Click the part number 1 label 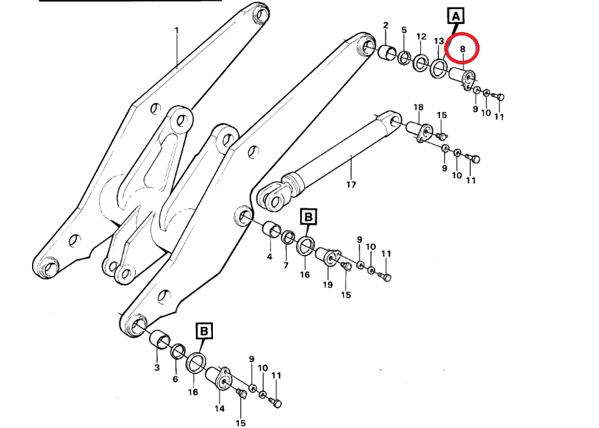[x=177, y=30]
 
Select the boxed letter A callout [x=456, y=17]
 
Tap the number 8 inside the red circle [x=463, y=49]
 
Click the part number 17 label [x=351, y=184]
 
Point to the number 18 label [x=418, y=107]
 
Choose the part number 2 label [x=385, y=25]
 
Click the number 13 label [x=439, y=41]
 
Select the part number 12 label [x=421, y=36]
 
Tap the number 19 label [x=327, y=285]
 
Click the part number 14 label [x=219, y=408]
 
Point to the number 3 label [x=157, y=368]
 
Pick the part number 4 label [x=269, y=257]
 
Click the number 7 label [x=286, y=266]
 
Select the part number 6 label [x=175, y=379]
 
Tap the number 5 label [x=404, y=30]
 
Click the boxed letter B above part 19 [x=308, y=217]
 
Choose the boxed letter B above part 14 [x=204, y=331]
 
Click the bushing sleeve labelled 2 [x=388, y=52]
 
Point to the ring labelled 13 [x=439, y=68]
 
